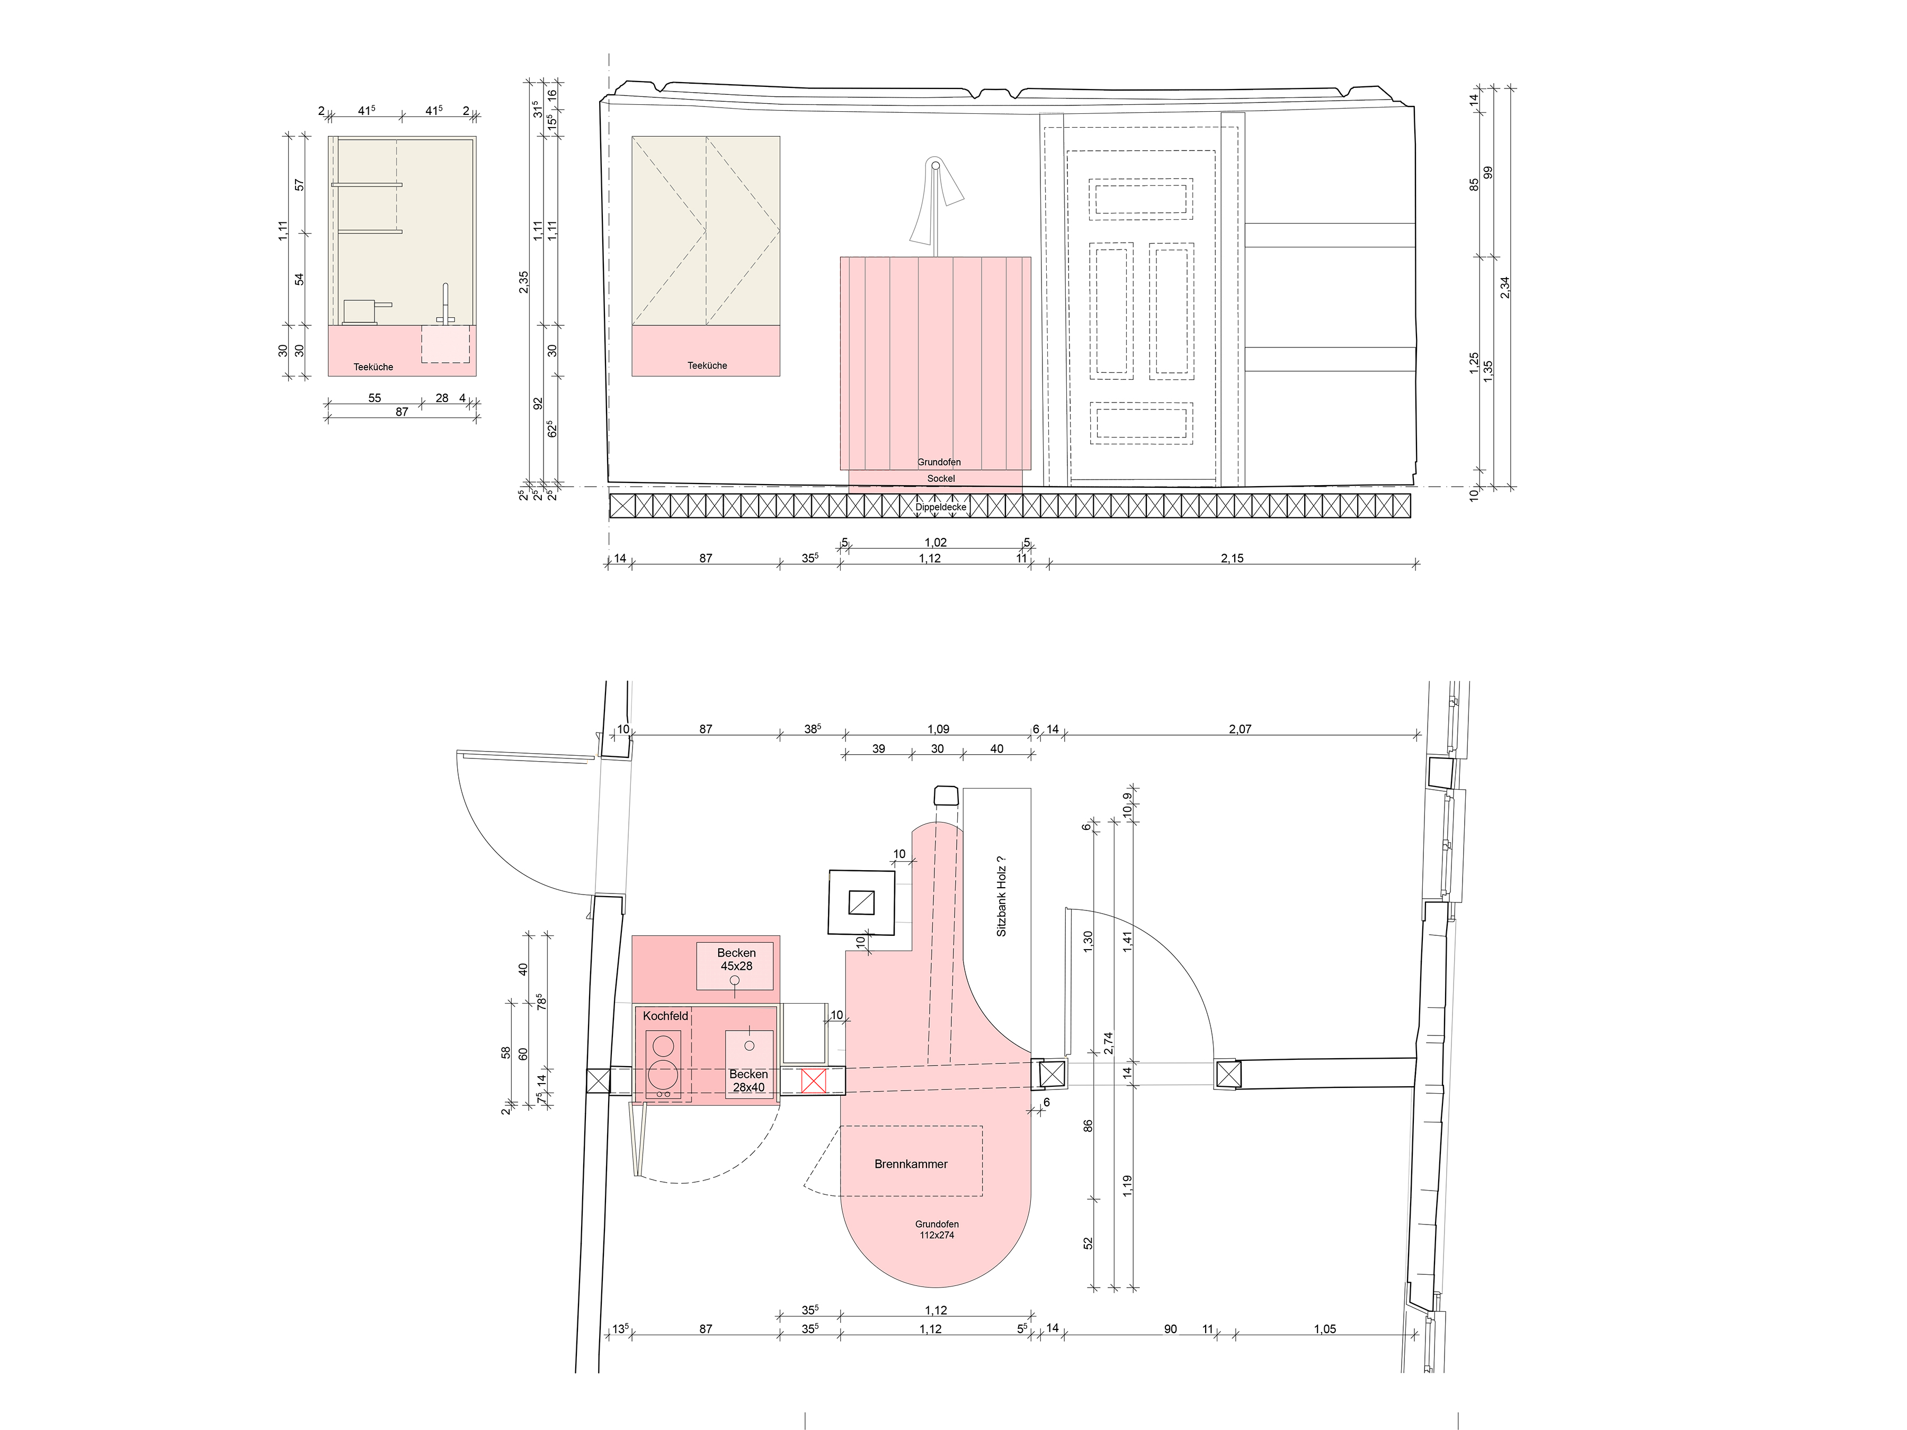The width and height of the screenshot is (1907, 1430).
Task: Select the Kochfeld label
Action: (665, 1016)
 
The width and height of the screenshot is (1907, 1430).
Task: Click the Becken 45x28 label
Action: (736, 959)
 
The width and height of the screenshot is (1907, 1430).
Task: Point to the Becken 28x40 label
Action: (748, 1081)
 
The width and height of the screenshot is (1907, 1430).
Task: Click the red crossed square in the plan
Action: (814, 1081)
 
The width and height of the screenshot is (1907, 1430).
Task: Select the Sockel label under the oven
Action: (941, 478)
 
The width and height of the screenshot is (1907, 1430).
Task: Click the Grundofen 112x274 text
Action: (937, 1229)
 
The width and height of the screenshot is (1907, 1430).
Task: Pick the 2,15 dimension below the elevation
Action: (1232, 559)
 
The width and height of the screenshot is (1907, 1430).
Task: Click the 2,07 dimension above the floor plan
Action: (1240, 729)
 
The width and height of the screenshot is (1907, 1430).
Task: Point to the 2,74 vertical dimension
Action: (1109, 1043)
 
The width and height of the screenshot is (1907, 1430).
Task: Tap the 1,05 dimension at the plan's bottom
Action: (1325, 1329)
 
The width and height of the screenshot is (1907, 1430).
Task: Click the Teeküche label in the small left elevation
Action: (373, 367)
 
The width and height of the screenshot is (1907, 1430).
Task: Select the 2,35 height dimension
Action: (524, 282)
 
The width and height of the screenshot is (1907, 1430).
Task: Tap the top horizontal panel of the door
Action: (1140, 198)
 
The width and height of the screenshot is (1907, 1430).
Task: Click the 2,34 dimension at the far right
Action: (1505, 287)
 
